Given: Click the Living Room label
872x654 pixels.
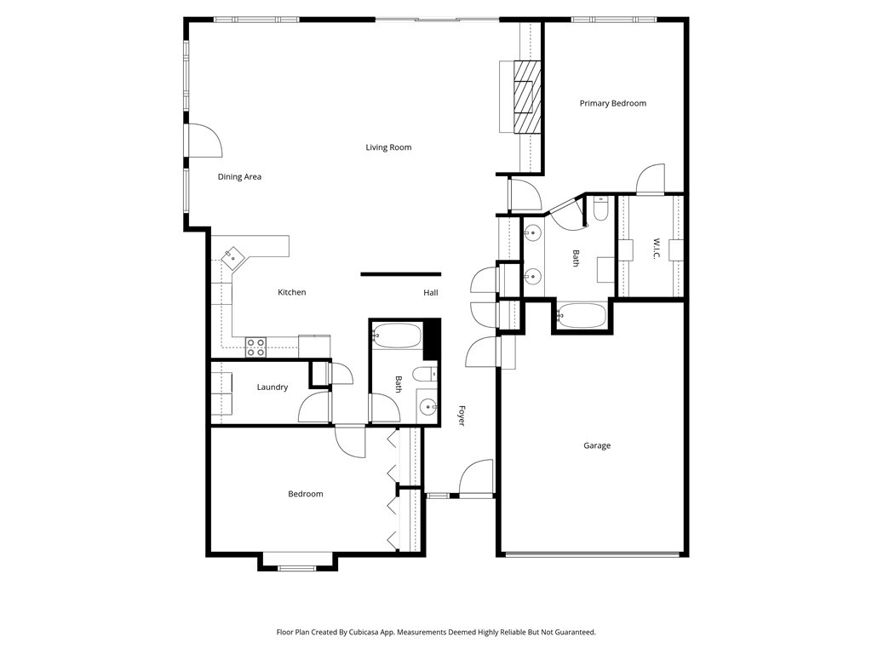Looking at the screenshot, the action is tap(388, 147).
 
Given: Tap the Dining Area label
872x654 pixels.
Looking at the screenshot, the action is tap(239, 177).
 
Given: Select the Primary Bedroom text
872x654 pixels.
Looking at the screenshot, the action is tap(613, 103).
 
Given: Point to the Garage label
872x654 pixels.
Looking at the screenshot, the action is tap(597, 445).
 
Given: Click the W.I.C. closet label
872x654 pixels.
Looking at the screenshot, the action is tap(656, 249).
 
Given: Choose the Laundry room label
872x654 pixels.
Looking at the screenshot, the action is tap(272, 387).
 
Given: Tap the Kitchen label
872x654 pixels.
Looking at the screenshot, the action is tap(291, 292).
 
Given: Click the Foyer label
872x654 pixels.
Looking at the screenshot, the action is tap(461, 416).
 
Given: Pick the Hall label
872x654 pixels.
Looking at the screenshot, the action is tap(430, 293).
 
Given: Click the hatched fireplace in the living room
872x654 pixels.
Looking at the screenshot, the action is tap(526, 97).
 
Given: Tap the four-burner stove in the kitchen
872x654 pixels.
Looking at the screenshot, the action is tap(255, 347).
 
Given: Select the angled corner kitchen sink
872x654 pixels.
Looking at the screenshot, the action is tap(232, 258).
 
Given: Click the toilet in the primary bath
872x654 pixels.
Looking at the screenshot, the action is tap(600, 209).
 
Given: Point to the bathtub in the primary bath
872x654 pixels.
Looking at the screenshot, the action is tap(581, 316).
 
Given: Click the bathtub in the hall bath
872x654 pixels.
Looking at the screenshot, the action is tap(396, 336).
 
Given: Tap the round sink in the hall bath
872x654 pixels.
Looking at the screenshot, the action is tap(427, 407).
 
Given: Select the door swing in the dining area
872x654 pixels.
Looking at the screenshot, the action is tap(204, 140).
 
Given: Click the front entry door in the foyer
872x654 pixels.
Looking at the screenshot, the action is tap(476, 477).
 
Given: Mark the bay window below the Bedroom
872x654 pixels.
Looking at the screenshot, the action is tap(297, 562).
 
